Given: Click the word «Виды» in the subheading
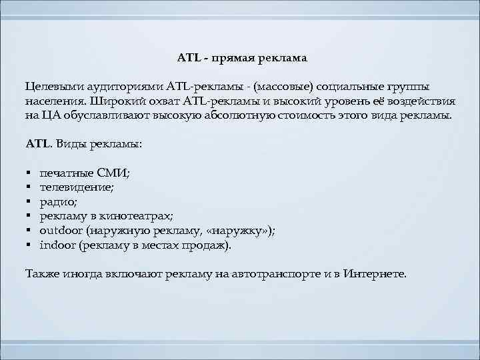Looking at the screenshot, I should pyautogui.click(x=71, y=143).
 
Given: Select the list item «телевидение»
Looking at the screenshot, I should pyautogui.click(x=77, y=187).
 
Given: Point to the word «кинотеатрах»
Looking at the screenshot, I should pyautogui.click(x=138, y=216).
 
